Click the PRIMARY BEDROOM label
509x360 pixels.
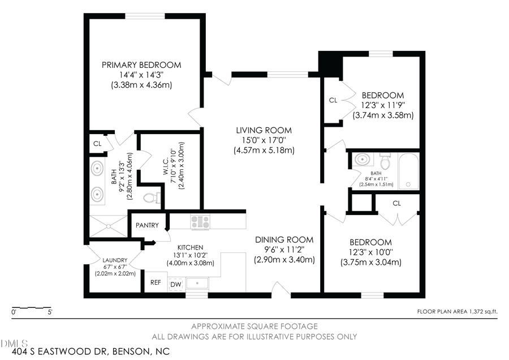click(x=141, y=65)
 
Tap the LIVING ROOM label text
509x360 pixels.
click(x=264, y=130)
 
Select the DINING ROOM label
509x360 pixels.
click(x=284, y=239)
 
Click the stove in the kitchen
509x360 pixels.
click(x=200, y=222)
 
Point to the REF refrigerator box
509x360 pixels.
click(x=155, y=282)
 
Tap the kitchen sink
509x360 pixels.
click(x=197, y=284)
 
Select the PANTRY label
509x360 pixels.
click(x=147, y=225)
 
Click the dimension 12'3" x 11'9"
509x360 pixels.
click(x=383, y=105)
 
